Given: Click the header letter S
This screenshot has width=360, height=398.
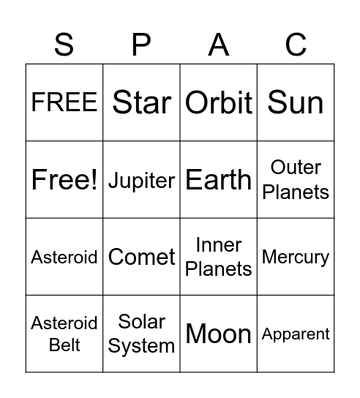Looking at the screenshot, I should coord(64,45).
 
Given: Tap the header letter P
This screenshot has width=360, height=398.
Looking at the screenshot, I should coord(141,45).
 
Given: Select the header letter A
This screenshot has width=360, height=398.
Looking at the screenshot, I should coord(219,45).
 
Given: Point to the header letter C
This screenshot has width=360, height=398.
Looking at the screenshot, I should coord(296,45).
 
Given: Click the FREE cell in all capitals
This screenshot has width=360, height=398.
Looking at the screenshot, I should coord(64,103).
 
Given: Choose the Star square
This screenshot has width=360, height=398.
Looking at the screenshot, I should coord(141,103).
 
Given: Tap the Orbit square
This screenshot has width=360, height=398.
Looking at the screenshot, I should coord(219,103).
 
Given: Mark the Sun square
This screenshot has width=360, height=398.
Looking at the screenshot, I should coord(296,103).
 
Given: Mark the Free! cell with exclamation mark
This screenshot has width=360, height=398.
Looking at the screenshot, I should coord(64,180).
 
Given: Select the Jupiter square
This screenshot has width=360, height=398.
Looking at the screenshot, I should coord(141,180).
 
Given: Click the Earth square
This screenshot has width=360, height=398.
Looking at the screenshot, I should coord(219,180).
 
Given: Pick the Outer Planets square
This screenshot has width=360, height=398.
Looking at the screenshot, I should coord(296,180).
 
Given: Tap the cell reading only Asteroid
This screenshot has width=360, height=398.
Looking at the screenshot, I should coord(64,257).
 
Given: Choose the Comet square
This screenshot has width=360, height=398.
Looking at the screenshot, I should coord(141,257).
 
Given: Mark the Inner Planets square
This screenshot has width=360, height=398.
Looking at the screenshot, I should coord(219,257).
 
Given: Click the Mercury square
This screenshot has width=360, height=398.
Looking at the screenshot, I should coord(296,257).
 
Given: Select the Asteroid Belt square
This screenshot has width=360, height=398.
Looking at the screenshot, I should coord(64,334).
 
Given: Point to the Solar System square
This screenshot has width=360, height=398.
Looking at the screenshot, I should coord(141,334).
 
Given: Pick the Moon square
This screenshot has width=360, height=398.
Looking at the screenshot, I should coord(219,334).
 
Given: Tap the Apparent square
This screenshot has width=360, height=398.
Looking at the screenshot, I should coord(296,334).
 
